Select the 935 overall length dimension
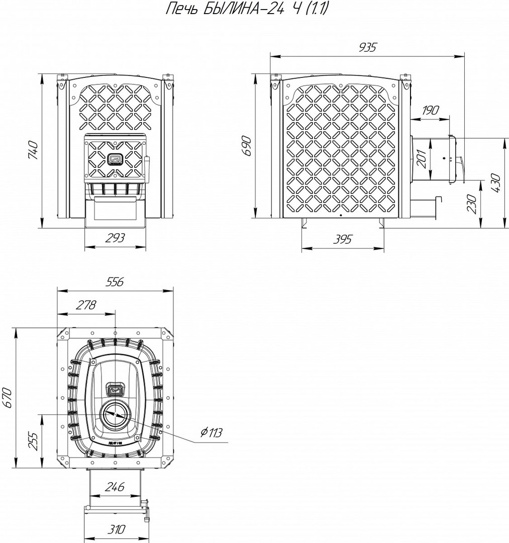pos(367,47)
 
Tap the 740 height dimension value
pos(33,150)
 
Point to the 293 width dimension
pos(115,238)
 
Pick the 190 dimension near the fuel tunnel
pos(430,110)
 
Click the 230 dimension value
pos(472,204)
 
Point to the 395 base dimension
pos(342,239)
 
